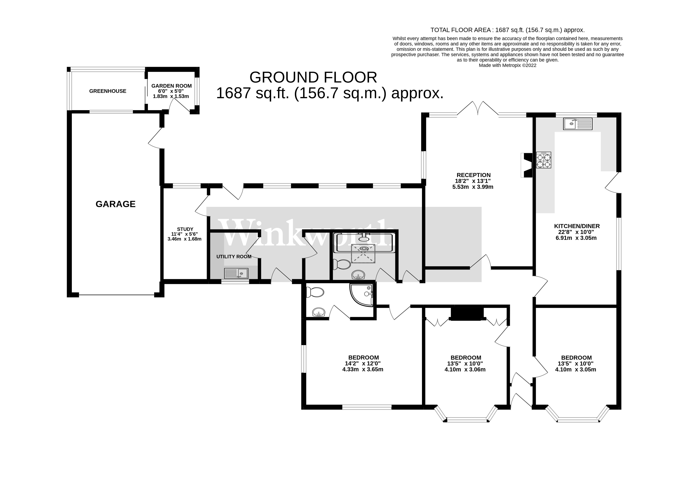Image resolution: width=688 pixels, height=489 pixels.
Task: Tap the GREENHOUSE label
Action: point(108,91)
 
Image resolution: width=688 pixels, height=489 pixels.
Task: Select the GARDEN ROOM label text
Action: point(171,86)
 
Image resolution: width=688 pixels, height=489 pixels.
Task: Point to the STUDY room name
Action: point(185,229)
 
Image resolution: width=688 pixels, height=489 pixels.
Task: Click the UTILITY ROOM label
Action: point(234,256)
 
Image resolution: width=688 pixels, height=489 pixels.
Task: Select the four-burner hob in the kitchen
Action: point(543,160)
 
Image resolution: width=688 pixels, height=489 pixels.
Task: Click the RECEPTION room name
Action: point(474,175)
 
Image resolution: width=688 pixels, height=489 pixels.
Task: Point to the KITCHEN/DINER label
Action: point(577,226)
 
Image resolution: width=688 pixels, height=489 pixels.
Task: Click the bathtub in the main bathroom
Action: point(364,243)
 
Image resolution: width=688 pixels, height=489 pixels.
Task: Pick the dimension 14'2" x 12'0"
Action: point(363,364)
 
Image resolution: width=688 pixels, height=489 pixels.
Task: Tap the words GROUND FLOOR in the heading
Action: point(313,77)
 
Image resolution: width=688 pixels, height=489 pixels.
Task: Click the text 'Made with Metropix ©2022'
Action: point(508,65)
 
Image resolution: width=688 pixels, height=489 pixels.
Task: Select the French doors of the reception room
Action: point(478,108)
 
